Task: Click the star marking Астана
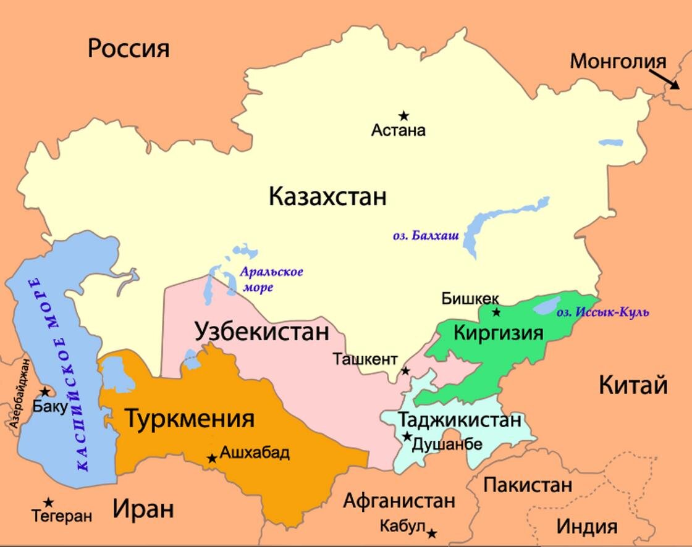(403, 115)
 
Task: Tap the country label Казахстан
(327, 197)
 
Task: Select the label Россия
(129, 48)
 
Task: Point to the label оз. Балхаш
(426, 235)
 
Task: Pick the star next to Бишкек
(496, 312)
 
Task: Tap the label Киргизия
(499, 333)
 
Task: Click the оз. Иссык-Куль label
(603, 312)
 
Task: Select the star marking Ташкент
(405, 370)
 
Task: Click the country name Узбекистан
(262, 332)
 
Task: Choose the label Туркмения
(190, 419)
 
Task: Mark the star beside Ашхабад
(212, 458)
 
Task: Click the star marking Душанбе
(407, 436)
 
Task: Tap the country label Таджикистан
(460, 420)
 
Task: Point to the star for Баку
(44, 392)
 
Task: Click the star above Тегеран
(48, 503)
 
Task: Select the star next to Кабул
(432, 533)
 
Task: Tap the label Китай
(633, 385)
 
